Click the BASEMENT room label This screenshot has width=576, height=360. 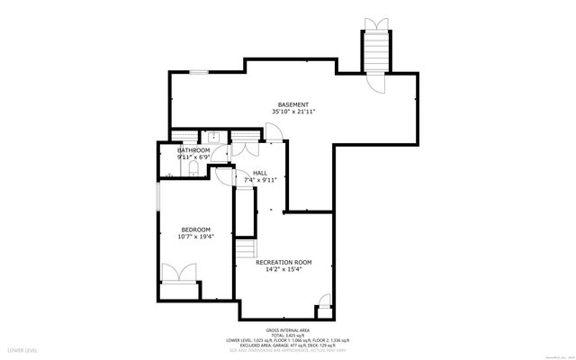(x=292, y=104)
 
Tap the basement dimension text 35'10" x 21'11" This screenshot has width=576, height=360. (x=292, y=112)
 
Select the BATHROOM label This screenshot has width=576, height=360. (x=193, y=150)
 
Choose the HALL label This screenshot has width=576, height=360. (x=259, y=173)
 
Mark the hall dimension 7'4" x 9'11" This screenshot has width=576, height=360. (x=259, y=180)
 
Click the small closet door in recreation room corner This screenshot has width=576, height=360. (x=325, y=310)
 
